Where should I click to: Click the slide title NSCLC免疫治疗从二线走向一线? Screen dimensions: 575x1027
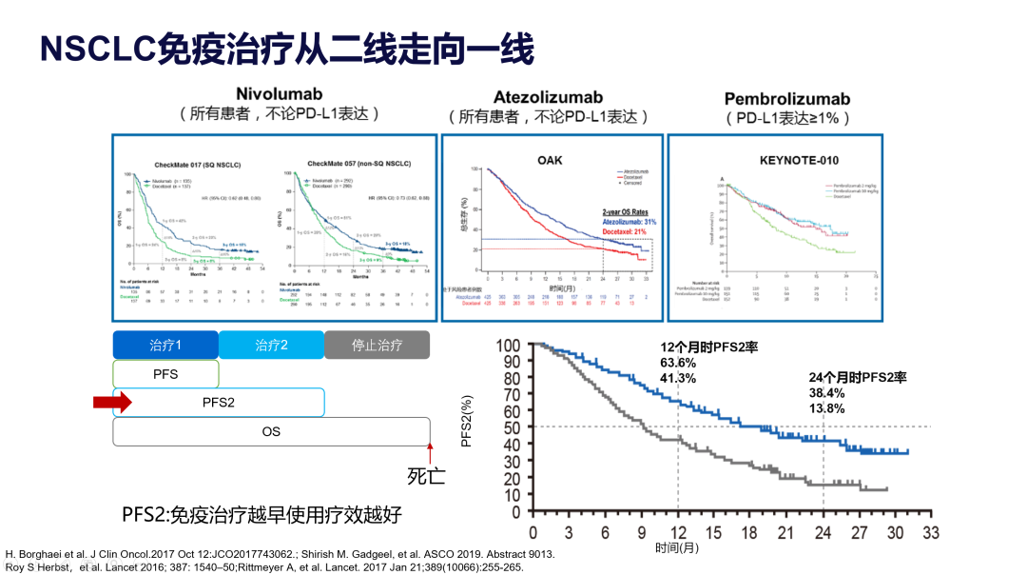[285, 49]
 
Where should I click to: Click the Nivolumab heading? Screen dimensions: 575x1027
[279, 94]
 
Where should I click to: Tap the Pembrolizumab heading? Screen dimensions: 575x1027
[787, 99]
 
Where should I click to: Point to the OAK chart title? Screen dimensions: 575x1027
[550, 160]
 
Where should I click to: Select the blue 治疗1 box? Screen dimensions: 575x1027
[165, 345]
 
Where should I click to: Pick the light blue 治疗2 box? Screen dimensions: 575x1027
[271, 345]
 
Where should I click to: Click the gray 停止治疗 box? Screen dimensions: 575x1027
[377, 345]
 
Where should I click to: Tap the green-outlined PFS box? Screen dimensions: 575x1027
[165, 373]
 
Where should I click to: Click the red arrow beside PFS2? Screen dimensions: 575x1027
[112, 403]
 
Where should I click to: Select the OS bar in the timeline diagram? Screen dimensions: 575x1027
[271, 431]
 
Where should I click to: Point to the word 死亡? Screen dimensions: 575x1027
[426, 475]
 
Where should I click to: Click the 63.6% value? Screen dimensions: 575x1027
[678, 363]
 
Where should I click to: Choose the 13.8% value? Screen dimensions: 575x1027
[800, 408]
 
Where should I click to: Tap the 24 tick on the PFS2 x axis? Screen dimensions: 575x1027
[824, 530]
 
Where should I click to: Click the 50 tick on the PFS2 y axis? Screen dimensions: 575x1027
[513, 427]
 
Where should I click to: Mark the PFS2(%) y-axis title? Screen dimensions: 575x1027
[467, 422]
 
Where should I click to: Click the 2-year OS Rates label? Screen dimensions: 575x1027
[629, 211]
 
